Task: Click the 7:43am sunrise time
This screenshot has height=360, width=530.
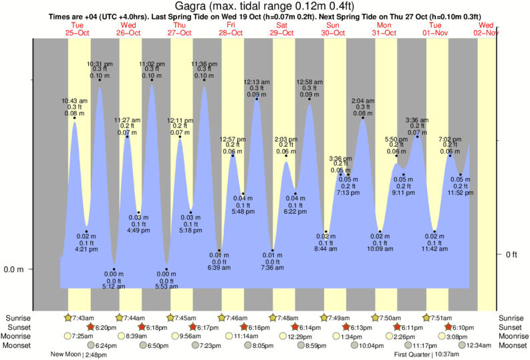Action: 84,318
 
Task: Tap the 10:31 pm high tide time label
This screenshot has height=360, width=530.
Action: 100,63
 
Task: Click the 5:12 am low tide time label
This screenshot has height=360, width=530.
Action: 114,287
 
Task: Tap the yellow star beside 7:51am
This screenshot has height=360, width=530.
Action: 427,318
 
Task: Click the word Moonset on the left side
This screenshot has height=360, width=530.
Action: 17,345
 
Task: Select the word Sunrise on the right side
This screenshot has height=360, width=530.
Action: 512,318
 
